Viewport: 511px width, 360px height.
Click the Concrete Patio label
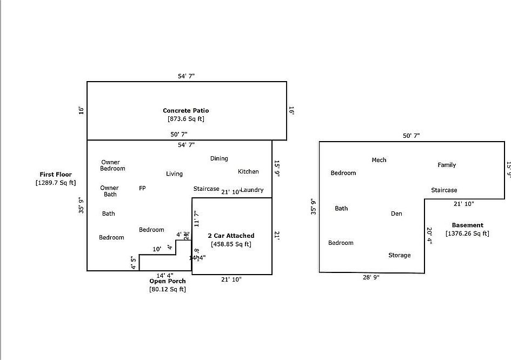pyautogui.click(x=186, y=111)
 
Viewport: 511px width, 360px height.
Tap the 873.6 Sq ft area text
pyautogui.click(x=186, y=119)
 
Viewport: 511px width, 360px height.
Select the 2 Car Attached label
pyautogui.click(x=231, y=236)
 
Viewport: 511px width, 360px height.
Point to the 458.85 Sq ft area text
pyautogui.click(x=231, y=244)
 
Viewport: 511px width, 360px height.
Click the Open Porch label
pyautogui.click(x=168, y=281)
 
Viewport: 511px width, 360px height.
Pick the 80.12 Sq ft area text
pyautogui.click(x=168, y=290)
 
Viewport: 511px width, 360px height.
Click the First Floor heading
pyautogui.click(x=56, y=175)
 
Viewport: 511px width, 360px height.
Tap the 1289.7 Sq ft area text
pyautogui.click(x=56, y=183)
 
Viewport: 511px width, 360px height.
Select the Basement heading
pyautogui.click(x=468, y=225)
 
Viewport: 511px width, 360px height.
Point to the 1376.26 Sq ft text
pyautogui.click(x=468, y=234)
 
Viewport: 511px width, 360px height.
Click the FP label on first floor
pyautogui.click(x=142, y=188)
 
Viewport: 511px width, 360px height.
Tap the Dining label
pyautogui.click(x=219, y=158)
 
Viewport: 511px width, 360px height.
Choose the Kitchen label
pyautogui.click(x=248, y=171)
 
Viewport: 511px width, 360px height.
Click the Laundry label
pyautogui.click(x=253, y=190)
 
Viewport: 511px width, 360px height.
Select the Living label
pyautogui.click(x=174, y=174)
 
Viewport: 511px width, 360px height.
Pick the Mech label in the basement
pyautogui.click(x=379, y=160)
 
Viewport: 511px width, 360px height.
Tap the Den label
pyautogui.click(x=396, y=214)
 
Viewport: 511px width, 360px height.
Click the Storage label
pyautogui.click(x=399, y=255)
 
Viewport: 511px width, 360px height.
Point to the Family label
pyautogui.click(x=447, y=165)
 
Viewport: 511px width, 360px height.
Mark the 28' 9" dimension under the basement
pyautogui.click(x=371, y=277)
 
